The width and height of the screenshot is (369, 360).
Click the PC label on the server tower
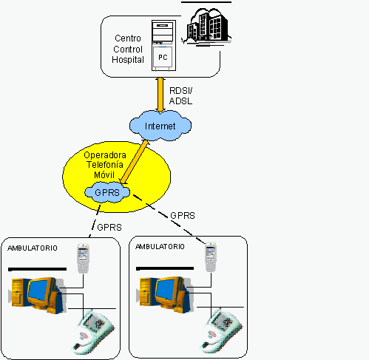pos(163,58)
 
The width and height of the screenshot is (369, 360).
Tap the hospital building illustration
pos(206,27)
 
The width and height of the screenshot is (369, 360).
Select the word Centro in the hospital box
pos(128,38)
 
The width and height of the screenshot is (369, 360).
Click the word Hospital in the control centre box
pos(128,60)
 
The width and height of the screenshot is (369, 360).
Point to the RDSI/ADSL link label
pos(180,96)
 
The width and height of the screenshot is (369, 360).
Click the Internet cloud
pos(160,126)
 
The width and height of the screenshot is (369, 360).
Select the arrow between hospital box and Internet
pos(160,95)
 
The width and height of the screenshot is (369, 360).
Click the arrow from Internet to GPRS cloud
pos(135,162)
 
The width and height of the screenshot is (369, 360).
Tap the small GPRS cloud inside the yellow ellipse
pos(107,192)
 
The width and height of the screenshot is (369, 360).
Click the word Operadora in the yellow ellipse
pos(105,155)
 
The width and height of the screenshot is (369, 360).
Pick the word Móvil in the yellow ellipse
pos(104,174)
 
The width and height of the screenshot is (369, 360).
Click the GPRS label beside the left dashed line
pos(109,227)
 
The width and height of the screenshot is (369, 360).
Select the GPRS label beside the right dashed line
pos(183,216)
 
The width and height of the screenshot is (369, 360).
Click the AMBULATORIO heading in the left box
pos(33,248)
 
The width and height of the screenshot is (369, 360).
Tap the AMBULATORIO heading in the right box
pos(160,246)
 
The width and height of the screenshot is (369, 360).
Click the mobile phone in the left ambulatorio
pos(83,258)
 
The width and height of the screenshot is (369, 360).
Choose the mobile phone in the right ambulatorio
pos(211,257)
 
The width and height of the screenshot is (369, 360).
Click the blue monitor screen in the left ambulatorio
pos(38,291)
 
